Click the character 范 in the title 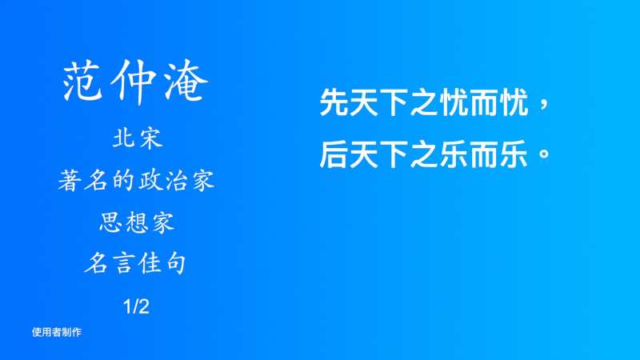click(x=82, y=81)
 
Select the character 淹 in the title click(x=186, y=81)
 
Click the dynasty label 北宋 click(x=138, y=138)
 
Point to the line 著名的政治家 click(x=136, y=181)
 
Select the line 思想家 click(x=137, y=222)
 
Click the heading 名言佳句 click(x=135, y=263)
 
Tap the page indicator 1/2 click(x=136, y=306)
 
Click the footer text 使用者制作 click(x=57, y=332)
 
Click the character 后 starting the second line click(x=334, y=154)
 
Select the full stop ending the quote click(x=544, y=154)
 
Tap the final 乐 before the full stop click(x=514, y=154)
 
